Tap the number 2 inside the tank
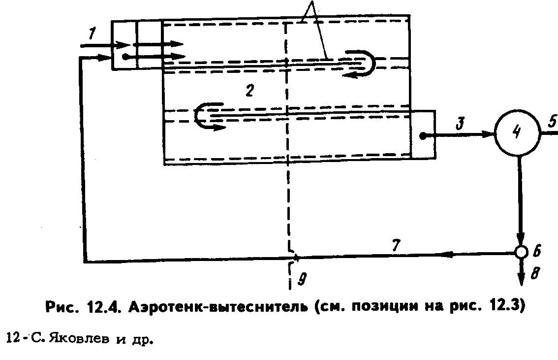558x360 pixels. (x=250, y=91)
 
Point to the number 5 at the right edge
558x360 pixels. (x=552, y=120)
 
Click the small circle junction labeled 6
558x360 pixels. (x=521, y=252)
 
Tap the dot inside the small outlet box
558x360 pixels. (x=422, y=135)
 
